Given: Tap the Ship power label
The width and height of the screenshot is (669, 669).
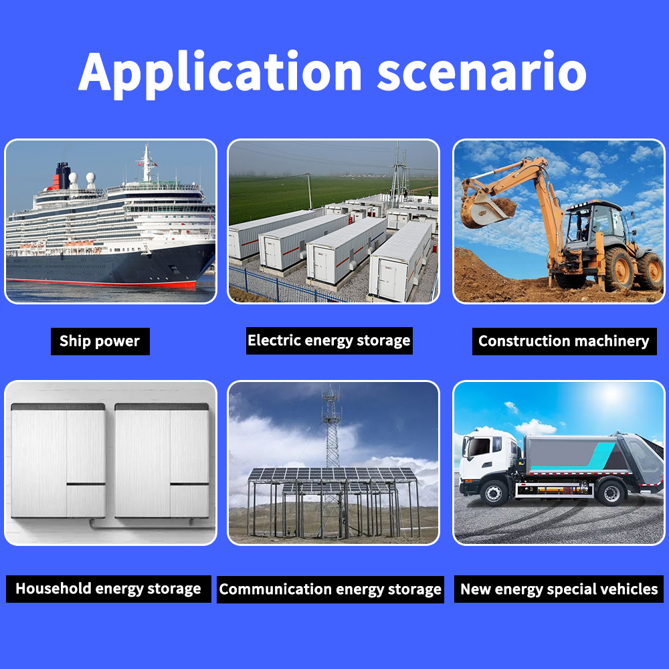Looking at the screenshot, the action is (x=100, y=341).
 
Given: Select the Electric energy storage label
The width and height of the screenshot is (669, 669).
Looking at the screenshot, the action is (x=329, y=341).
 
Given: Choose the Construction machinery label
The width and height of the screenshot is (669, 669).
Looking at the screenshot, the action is (x=564, y=341).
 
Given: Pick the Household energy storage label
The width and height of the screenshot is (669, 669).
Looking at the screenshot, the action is (x=108, y=589).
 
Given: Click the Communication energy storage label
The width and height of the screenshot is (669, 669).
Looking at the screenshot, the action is (x=330, y=589).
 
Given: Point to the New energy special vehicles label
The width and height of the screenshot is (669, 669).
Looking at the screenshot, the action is (x=559, y=589).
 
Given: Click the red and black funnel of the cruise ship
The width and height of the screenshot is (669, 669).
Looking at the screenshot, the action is (x=62, y=175).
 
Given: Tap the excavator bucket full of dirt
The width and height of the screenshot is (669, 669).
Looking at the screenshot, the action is (x=488, y=209).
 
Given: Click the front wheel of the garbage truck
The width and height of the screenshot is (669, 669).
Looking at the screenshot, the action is (x=494, y=493).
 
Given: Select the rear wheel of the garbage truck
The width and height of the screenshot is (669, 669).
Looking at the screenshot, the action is (x=611, y=492).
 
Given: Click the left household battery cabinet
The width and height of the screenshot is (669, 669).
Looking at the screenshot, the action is (x=58, y=461).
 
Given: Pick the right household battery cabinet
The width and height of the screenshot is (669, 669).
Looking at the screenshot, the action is (x=162, y=461).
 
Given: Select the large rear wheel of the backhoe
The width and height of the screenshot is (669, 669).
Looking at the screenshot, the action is (x=619, y=269).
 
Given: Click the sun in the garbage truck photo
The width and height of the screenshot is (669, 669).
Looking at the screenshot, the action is (x=612, y=394).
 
